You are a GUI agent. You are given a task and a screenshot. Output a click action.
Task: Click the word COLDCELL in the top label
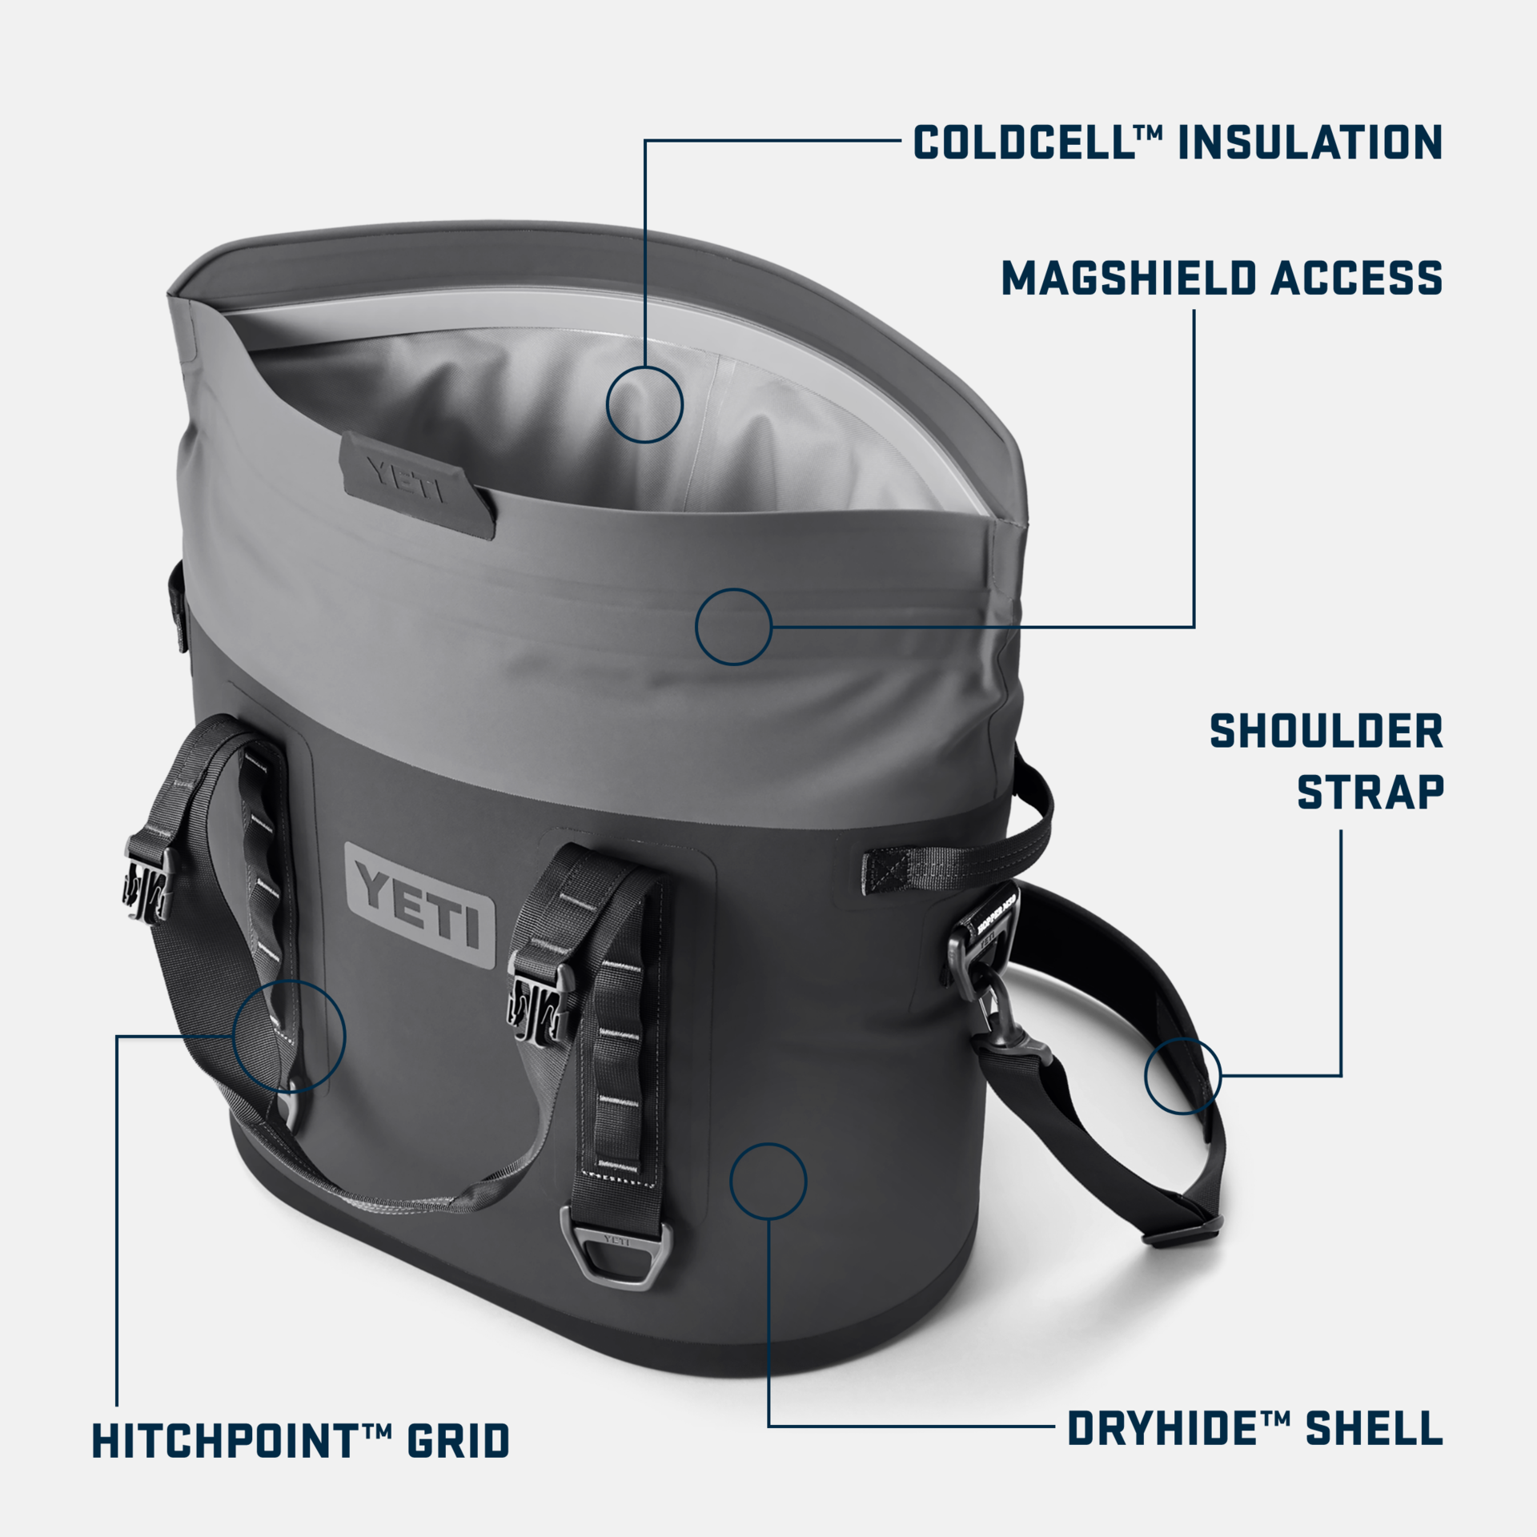[x=1023, y=142]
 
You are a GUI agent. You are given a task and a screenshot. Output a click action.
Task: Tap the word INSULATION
[x=1310, y=142]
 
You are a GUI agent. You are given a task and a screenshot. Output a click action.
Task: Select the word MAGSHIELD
[x=1129, y=278]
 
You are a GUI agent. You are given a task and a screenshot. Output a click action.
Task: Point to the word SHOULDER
[x=1326, y=732]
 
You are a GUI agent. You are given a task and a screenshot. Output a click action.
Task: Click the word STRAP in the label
[x=1370, y=793]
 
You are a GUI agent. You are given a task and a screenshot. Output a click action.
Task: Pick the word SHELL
[x=1374, y=1429]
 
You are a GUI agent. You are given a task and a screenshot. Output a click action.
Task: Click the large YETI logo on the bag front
[x=420, y=905]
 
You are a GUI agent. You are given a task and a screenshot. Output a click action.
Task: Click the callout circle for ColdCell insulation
[x=644, y=404]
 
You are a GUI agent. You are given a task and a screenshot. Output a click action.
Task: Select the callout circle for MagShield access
[x=733, y=627]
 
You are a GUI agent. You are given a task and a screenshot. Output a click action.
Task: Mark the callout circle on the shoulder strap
[x=1182, y=1075]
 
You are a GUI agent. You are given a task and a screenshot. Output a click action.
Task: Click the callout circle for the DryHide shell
[x=768, y=1182]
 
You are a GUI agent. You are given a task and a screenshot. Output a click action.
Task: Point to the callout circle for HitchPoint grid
[x=289, y=1036]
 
